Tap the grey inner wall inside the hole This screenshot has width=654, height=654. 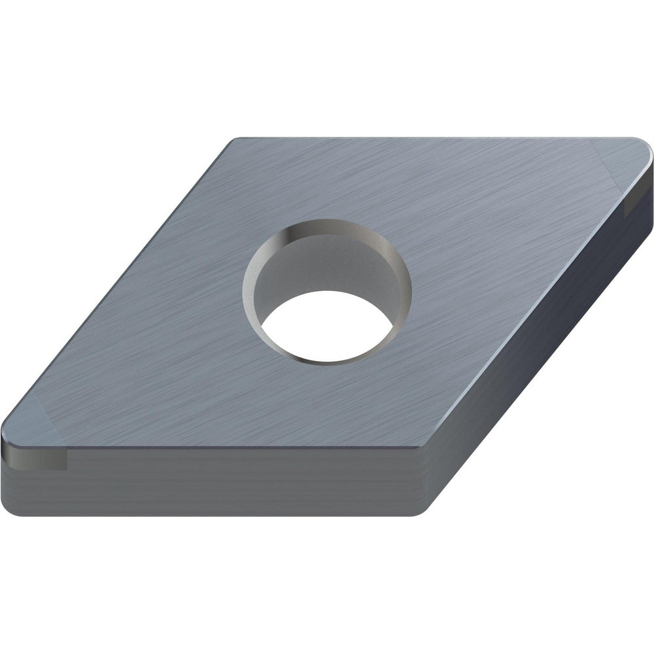(x=327, y=262)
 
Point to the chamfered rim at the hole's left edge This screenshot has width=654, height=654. (x=248, y=288)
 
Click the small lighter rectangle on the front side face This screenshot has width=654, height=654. (x=49, y=461)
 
